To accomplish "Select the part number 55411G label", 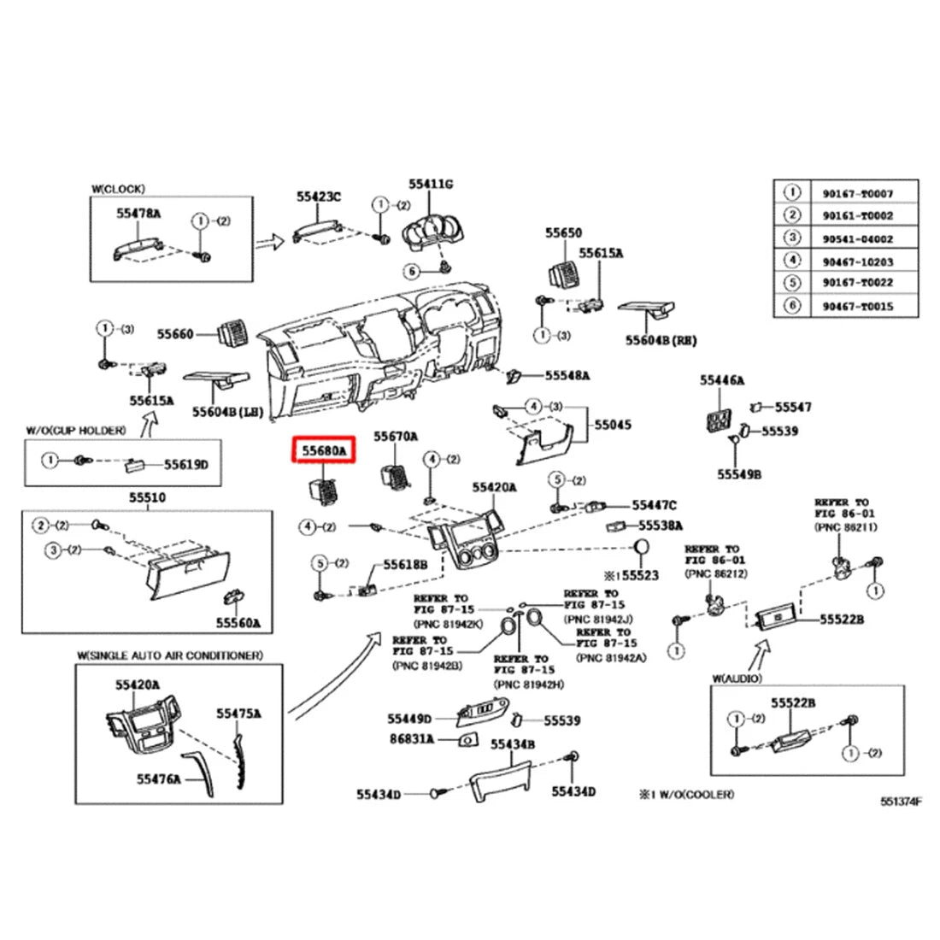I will click(x=430, y=184).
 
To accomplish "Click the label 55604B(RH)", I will click(x=660, y=340).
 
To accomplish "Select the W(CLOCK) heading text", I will click(x=118, y=188).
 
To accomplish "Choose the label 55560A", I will click(x=238, y=623).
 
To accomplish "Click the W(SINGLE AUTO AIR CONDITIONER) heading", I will click(x=169, y=655).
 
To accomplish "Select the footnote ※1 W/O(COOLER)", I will click(x=684, y=794).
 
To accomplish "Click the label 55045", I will click(x=613, y=424).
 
